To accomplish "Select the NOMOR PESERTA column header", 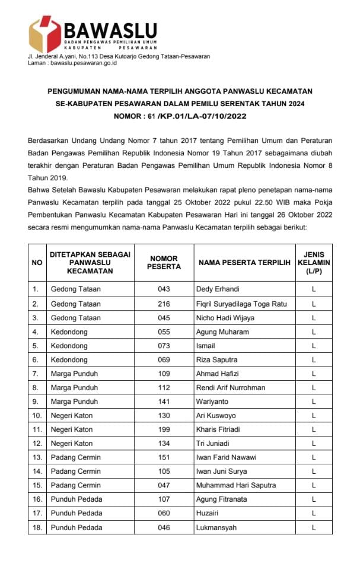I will click(164, 263).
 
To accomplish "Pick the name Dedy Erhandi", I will click(217, 289).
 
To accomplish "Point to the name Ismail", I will click(205, 346).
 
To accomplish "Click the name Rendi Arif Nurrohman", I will click(231, 388).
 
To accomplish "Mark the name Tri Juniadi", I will click(213, 444).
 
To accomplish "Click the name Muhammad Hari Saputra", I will click(235, 485).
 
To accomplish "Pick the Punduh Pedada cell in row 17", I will click(77, 513).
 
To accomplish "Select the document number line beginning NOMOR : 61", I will click(180, 117).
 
